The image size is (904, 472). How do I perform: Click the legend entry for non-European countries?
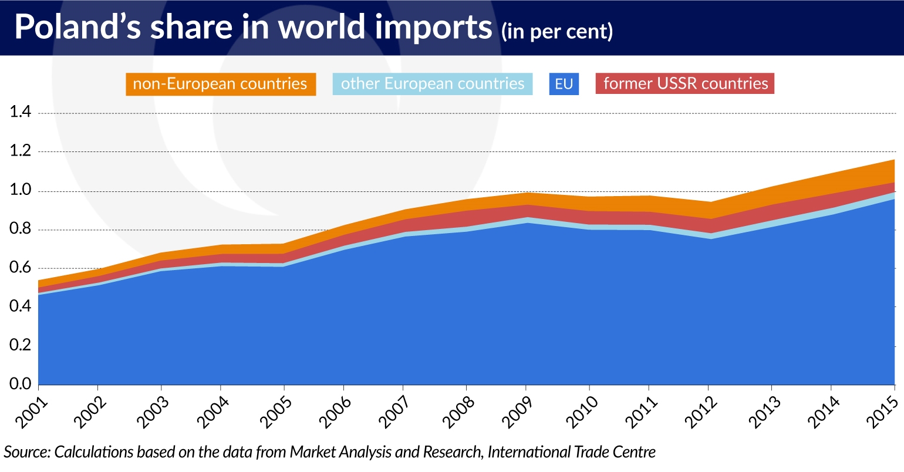click(220, 84)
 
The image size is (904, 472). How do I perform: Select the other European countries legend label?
click(433, 84)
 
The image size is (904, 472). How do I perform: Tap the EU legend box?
click(564, 84)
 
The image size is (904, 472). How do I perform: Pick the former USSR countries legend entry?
click(685, 84)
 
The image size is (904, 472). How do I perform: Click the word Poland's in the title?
click(78, 27)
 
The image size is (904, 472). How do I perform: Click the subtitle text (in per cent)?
click(557, 32)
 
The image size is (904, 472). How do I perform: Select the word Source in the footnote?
click(26, 453)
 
